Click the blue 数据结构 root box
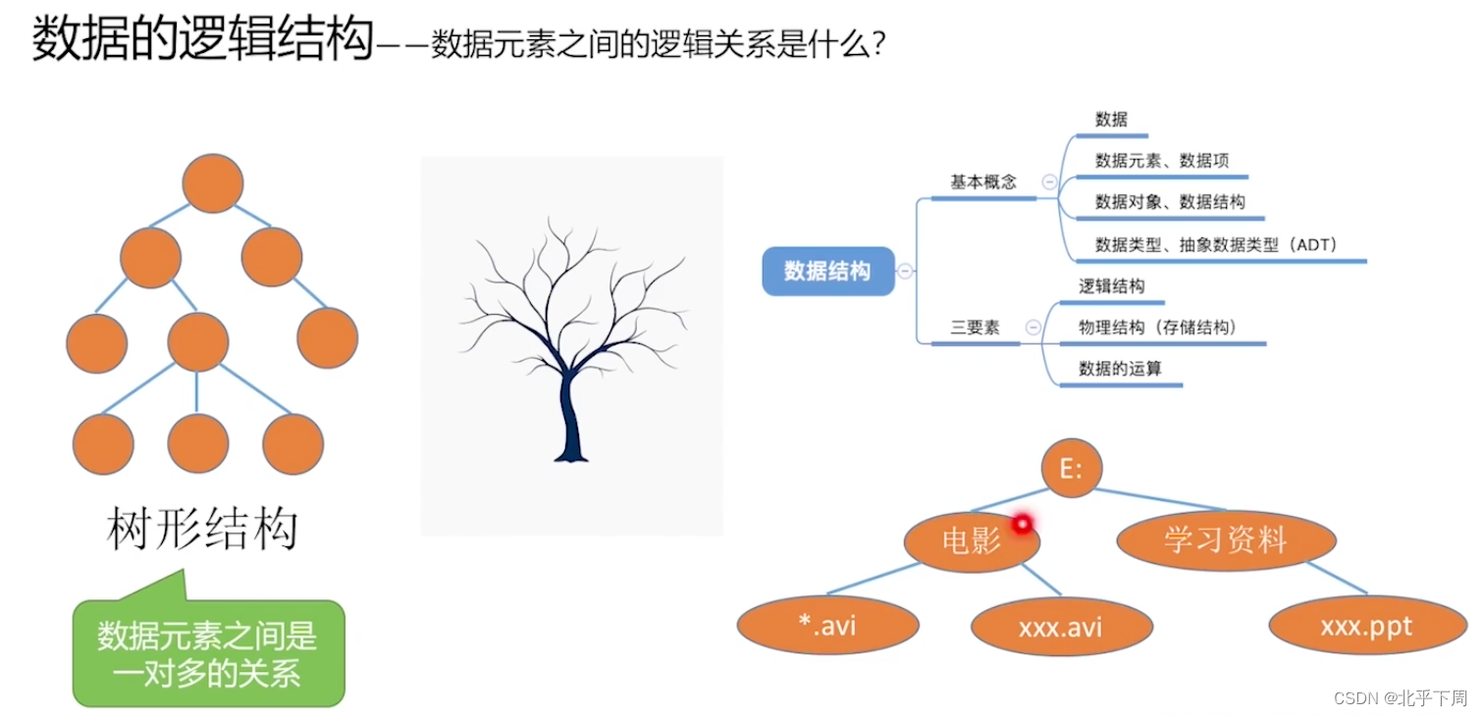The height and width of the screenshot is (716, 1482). [x=828, y=271]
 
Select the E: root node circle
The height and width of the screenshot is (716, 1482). [x=1072, y=468]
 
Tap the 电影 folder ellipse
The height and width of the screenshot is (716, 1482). [x=972, y=541]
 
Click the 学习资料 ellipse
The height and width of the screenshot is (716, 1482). [x=1226, y=540]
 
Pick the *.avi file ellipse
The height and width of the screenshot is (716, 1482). [x=827, y=625]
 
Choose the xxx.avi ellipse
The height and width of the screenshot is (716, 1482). [x=1061, y=627]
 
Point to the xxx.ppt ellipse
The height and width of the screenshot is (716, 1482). [x=1367, y=626]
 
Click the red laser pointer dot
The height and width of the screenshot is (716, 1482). [x=1022, y=525]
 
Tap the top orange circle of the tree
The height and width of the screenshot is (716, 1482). [x=212, y=183]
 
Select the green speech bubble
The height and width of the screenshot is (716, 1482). [x=208, y=651]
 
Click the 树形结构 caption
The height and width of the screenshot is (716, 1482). [x=202, y=529]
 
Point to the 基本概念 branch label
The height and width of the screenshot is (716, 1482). [x=983, y=181]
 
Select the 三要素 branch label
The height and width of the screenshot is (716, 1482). [x=975, y=328]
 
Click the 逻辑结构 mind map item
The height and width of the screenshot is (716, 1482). [x=1111, y=286]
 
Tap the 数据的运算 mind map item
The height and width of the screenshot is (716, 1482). [x=1120, y=368]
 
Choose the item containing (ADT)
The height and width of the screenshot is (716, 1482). [x=1216, y=244]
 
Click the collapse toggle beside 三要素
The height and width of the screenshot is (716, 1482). [x=1032, y=328]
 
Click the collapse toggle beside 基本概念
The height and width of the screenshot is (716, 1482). [x=1049, y=181]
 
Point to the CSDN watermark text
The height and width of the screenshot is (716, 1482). [x=1400, y=698]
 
